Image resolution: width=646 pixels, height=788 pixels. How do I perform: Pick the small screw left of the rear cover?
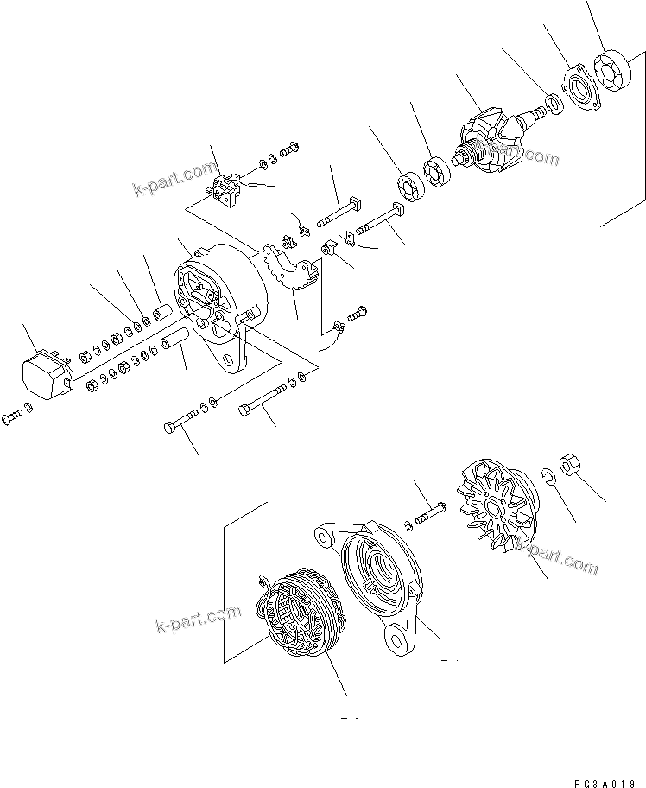tap(14, 416)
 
